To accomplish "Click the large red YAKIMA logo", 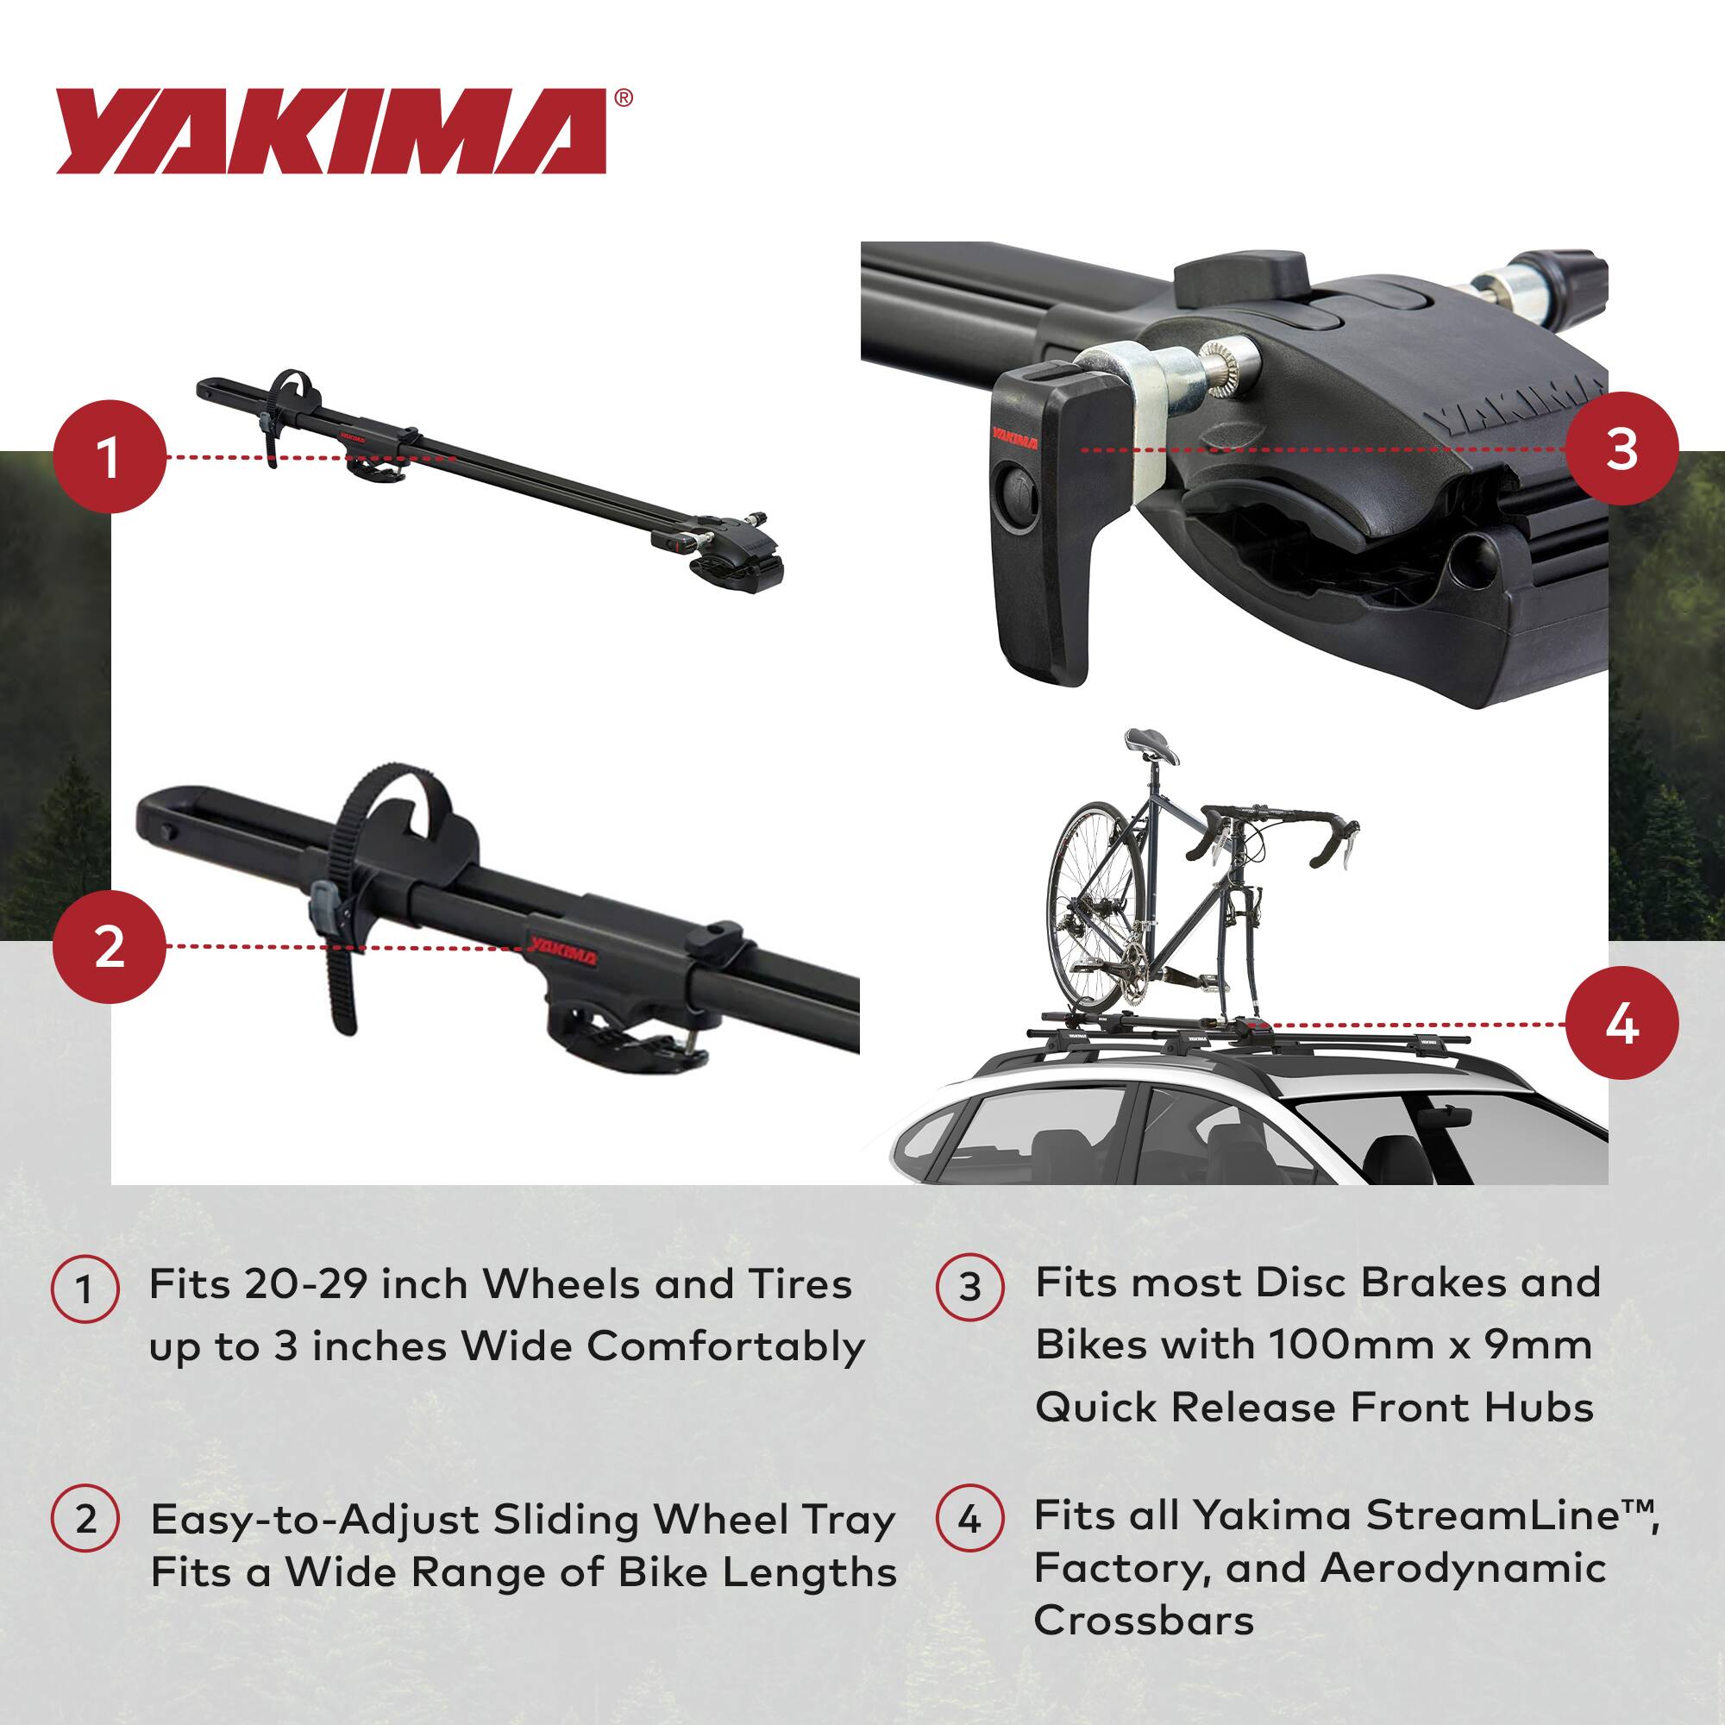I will coord(331,131).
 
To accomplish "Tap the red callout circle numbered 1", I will coord(110,456).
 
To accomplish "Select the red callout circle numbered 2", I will coord(110,946).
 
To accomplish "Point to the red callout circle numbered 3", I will coord(1621,448).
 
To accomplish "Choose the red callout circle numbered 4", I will coord(1621,1024).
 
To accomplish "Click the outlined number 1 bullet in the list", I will coord(85,1289).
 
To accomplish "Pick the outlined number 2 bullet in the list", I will coord(85,1518).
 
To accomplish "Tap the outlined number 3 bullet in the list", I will coord(970,1287).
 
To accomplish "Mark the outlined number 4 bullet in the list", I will coord(970,1518).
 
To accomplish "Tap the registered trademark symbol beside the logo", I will coord(624,98).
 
